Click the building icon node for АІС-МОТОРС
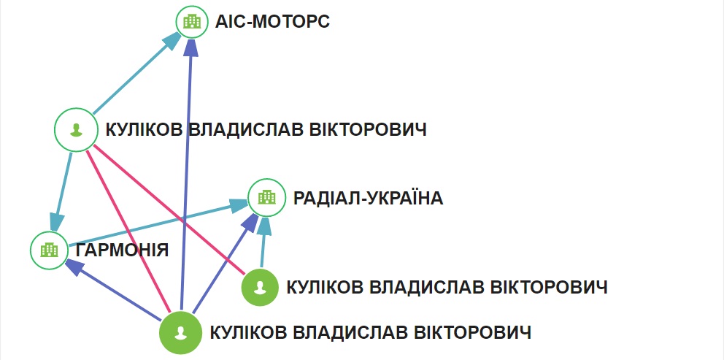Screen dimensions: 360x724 tap(192, 23)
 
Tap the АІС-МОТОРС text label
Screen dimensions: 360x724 tap(272, 22)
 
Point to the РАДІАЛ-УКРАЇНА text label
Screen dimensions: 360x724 tap(368, 198)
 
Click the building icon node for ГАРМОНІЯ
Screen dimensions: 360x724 tap(48, 250)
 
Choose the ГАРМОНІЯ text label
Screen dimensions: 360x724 tap(122, 250)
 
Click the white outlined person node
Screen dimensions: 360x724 tap(75, 131)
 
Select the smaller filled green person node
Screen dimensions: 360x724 tap(260, 287)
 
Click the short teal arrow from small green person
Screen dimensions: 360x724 tap(263, 245)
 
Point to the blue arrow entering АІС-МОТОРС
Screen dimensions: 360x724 tap(186, 175)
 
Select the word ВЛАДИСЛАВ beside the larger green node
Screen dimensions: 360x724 tap(353, 333)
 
